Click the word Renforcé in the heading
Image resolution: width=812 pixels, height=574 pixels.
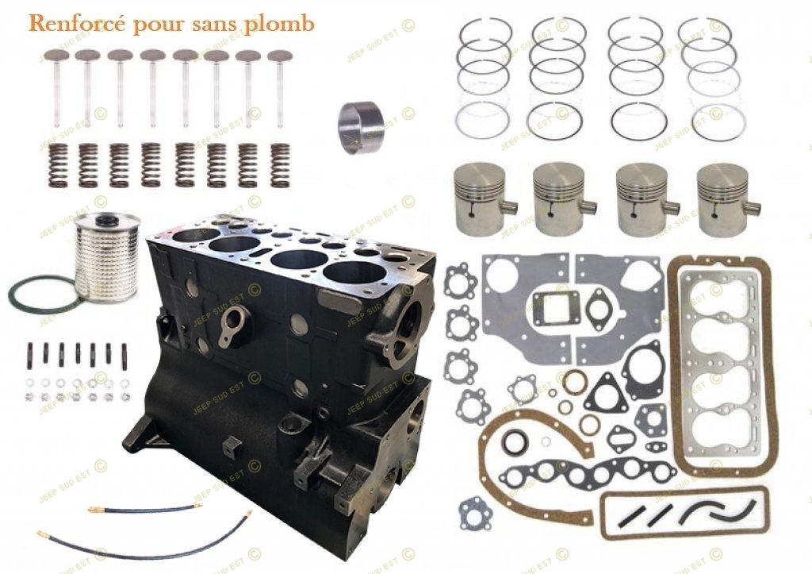77,24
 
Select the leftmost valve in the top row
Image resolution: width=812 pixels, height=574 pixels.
57,87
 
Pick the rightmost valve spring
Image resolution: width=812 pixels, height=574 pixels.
280,165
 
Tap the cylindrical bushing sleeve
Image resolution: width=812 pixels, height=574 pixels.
358,128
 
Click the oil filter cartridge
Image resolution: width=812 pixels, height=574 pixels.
106,253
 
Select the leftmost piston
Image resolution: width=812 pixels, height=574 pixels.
481,198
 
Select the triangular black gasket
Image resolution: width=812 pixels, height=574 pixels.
604,393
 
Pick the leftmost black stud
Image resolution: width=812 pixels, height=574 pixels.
29,355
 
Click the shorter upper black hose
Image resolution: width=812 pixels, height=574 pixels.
144,508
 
